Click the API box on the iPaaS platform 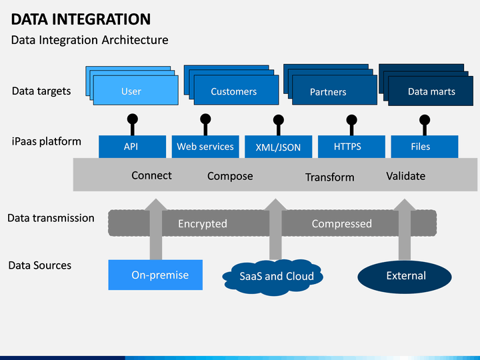coord(132,147)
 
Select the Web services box coord(205,147)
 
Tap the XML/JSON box coord(278,147)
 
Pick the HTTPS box coord(351,147)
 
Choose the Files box coord(425,147)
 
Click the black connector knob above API coord(132,119)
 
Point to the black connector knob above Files coord(425,120)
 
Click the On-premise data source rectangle coord(155,275)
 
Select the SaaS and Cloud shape coord(273,277)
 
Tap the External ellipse coord(405,277)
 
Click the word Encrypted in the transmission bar coord(203,224)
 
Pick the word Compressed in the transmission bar coord(341,224)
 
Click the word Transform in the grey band coord(330,177)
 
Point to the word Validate coord(405,176)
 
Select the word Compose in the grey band coord(230,176)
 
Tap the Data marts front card coord(431,91)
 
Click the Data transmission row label coord(51,218)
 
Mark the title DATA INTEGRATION coord(81,19)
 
